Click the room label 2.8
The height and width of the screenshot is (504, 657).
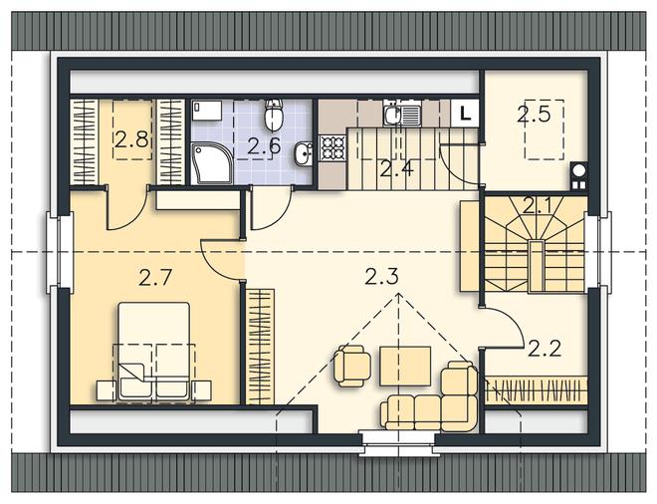[x=131, y=139]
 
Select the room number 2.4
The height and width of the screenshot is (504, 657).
[x=396, y=168]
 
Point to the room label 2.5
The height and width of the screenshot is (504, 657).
[x=533, y=114]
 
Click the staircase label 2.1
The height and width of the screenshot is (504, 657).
[x=539, y=206]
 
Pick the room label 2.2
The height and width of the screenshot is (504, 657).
[x=545, y=348]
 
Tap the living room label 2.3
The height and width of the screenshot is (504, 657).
[x=381, y=277]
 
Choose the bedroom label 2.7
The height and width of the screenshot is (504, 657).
[x=155, y=277]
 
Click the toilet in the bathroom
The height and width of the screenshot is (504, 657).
[x=274, y=115]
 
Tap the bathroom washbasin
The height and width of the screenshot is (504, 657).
[x=303, y=153]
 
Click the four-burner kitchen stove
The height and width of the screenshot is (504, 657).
[x=332, y=148]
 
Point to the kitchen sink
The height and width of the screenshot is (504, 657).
[x=403, y=114]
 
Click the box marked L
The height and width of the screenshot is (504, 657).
[x=465, y=113]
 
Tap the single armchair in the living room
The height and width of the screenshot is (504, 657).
[x=352, y=366]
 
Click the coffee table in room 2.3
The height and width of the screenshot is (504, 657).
[x=405, y=366]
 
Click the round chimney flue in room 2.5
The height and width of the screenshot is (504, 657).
[x=579, y=171]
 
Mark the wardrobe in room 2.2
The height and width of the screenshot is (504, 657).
[x=537, y=389]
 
